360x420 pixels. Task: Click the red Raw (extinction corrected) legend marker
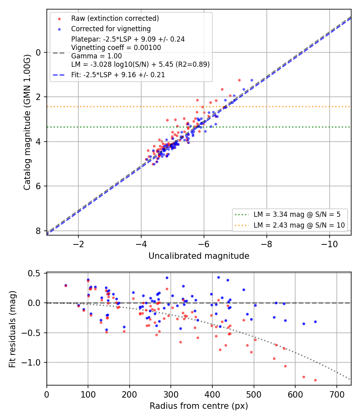60,19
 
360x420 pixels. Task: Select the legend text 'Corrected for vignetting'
111,29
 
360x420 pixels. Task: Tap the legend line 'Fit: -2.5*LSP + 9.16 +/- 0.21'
118,75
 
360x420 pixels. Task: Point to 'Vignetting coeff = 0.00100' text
116,48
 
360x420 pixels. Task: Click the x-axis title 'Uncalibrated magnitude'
199,256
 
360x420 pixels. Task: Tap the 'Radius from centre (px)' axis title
199,406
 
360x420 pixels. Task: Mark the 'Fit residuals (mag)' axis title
12,329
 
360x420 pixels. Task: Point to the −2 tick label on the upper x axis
78,244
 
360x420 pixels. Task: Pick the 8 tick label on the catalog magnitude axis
38,231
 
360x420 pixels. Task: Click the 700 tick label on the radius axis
337,394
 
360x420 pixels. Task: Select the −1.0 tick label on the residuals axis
32,363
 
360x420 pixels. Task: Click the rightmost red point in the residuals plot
315,380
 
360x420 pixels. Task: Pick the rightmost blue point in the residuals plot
315,322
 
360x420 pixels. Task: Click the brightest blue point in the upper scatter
252,80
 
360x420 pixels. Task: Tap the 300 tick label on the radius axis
171,394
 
